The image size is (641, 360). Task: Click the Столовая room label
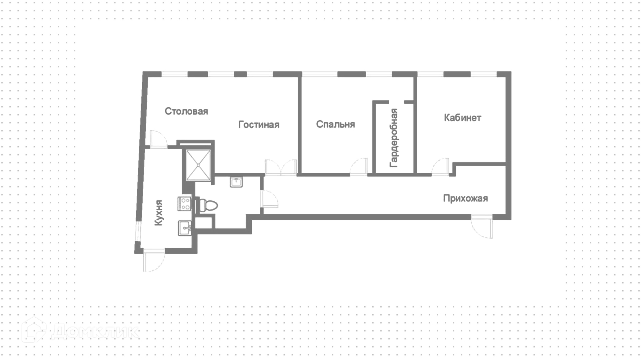(x=186, y=111)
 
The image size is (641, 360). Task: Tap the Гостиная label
(x=259, y=125)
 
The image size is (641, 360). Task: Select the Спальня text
(x=335, y=124)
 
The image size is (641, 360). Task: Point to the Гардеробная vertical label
(x=394, y=138)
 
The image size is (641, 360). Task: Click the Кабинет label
(x=462, y=118)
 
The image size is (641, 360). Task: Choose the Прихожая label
(x=465, y=198)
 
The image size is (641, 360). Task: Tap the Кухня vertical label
(x=159, y=213)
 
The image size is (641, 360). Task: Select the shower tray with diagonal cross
(x=198, y=165)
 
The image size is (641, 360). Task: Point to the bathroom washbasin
(x=236, y=182)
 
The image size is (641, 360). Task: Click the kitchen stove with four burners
(x=184, y=204)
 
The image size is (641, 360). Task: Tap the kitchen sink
(x=185, y=228)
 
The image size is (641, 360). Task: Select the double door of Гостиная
(x=281, y=167)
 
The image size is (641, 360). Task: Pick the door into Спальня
(x=359, y=167)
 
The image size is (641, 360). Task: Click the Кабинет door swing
(x=440, y=167)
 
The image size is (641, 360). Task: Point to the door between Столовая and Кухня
(x=158, y=139)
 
